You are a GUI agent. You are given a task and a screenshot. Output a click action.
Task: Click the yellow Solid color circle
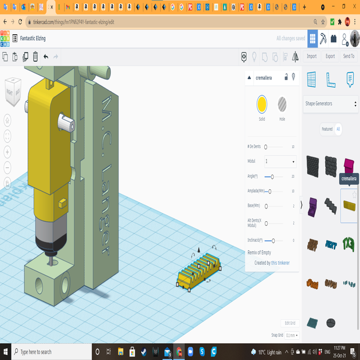[x=262, y=104]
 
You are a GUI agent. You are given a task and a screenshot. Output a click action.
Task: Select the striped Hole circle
[x=282, y=104]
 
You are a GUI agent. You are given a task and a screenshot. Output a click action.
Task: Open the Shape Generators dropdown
[x=331, y=104]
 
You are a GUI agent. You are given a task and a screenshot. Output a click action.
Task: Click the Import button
[x=312, y=56]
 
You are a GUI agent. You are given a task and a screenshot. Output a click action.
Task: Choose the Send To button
[x=348, y=56]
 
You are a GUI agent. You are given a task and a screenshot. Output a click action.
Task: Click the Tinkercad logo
[x=5, y=38]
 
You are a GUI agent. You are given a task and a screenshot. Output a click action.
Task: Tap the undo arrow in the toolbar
[x=45, y=56]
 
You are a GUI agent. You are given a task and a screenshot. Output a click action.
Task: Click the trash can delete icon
[x=35, y=56]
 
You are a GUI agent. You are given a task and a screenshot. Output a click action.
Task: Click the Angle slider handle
[x=272, y=176]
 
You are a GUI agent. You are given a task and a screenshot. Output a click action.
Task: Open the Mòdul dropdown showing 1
[x=280, y=161]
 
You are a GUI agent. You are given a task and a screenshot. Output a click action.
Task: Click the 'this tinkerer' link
[x=280, y=263]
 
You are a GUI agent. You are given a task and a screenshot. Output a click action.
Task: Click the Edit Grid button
[x=290, y=323]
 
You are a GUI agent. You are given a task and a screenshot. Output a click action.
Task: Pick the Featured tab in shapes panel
[x=327, y=129]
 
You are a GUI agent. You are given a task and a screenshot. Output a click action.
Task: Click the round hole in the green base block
[x=39, y=285]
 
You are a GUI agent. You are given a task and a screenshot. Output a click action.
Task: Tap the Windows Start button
[x=6, y=352]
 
